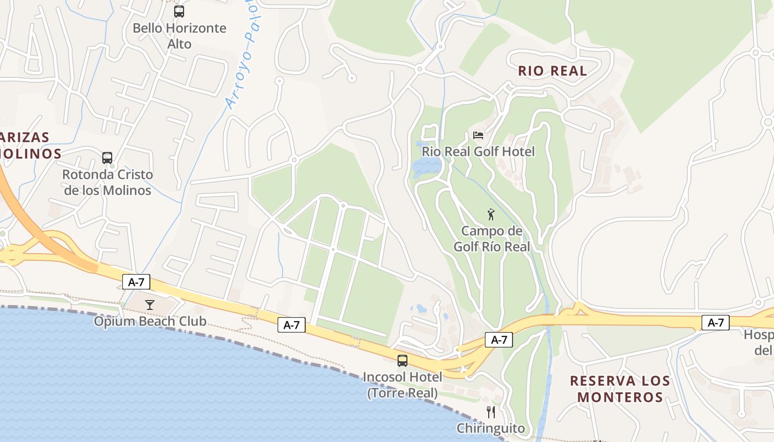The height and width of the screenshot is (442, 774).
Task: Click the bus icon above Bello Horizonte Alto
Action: click(x=179, y=11)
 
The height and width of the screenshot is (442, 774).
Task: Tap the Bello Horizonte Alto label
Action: click(x=180, y=36)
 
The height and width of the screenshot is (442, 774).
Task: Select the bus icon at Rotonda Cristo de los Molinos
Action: click(x=107, y=158)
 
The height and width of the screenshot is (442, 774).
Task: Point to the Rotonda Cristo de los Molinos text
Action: click(x=107, y=182)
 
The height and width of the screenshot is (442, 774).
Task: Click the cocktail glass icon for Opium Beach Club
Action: click(x=149, y=304)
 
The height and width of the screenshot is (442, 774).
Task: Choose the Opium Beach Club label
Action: click(x=150, y=321)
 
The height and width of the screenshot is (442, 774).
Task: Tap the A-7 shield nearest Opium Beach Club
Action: click(x=136, y=282)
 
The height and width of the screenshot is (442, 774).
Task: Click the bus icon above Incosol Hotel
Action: click(x=402, y=361)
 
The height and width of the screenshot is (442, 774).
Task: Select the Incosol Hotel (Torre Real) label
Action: click(x=402, y=385)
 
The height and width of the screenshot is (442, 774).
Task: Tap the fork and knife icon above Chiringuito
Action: click(x=490, y=412)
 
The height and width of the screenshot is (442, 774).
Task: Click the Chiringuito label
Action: click(x=490, y=428)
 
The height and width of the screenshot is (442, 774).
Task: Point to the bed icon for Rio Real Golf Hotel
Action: click(x=478, y=135)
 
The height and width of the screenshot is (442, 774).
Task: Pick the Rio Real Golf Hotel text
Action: click(x=478, y=151)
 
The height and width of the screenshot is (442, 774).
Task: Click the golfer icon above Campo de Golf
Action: click(x=491, y=214)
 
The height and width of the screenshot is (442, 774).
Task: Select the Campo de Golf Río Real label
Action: click(x=491, y=239)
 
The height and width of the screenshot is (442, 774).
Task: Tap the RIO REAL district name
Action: click(x=552, y=71)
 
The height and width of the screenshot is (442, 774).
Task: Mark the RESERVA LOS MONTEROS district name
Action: click(x=620, y=388)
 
